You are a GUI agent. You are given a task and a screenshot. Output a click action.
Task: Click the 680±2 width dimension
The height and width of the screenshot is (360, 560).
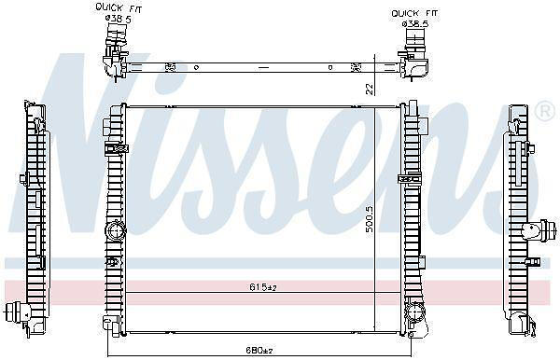point(259,350)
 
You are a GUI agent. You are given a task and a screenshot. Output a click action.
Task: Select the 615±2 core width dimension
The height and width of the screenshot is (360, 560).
point(263,287)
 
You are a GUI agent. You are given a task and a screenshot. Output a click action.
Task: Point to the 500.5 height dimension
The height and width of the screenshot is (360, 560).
point(370,219)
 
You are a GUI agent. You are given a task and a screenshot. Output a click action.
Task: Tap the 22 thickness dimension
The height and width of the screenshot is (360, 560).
point(370,89)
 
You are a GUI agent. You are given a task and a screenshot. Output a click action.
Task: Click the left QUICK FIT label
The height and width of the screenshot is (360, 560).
point(119,7)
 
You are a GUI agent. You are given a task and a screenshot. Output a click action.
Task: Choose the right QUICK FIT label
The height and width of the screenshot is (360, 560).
point(414,14)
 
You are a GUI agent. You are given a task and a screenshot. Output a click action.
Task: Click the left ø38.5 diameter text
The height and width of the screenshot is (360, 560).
point(119,19)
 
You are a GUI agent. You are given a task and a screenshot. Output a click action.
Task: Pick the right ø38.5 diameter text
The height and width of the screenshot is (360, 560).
point(415,24)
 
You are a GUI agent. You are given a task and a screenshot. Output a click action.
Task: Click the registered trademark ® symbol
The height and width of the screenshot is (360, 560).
point(544,112)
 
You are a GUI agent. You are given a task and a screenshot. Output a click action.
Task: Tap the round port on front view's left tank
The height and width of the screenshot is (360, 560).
point(116,231)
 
